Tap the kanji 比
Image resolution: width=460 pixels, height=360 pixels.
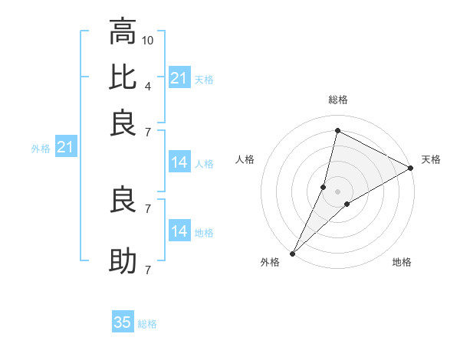[x=123, y=77]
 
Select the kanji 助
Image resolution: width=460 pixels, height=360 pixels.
[x=123, y=262]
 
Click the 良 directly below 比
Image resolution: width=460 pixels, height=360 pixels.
[x=123, y=124]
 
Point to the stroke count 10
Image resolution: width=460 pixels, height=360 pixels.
[x=148, y=39]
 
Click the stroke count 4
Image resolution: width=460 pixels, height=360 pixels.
[x=147, y=86]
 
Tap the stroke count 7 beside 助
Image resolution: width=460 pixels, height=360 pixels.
[x=147, y=270]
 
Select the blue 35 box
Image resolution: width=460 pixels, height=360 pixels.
[x=123, y=322]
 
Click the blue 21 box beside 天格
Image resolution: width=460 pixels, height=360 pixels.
[x=179, y=78]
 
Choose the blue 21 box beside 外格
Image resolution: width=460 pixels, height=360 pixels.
[x=64, y=147]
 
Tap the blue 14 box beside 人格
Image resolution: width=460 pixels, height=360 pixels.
[x=179, y=162]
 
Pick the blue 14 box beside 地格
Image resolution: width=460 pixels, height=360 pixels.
[x=179, y=231]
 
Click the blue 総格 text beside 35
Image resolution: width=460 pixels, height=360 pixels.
[x=147, y=324]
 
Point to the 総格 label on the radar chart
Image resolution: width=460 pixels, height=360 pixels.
[x=337, y=100]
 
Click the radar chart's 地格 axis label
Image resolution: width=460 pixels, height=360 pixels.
[x=402, y=263]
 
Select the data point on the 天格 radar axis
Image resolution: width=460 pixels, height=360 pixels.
[x=411, y=168]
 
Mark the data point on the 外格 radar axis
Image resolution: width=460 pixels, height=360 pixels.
[x=292, y=254]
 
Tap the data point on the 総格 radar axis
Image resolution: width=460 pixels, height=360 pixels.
[x=337, y=129]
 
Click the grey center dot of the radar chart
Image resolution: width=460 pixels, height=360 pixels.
[x=337, y=191]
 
